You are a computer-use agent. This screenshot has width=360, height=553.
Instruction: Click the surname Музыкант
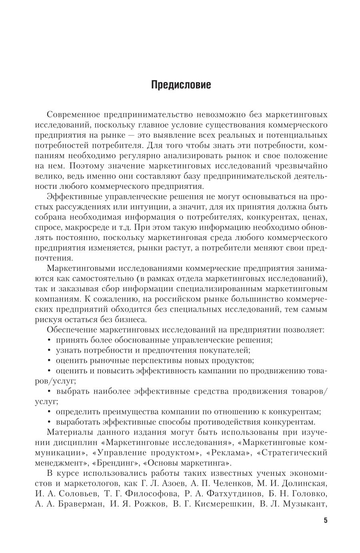coord(303,505)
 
